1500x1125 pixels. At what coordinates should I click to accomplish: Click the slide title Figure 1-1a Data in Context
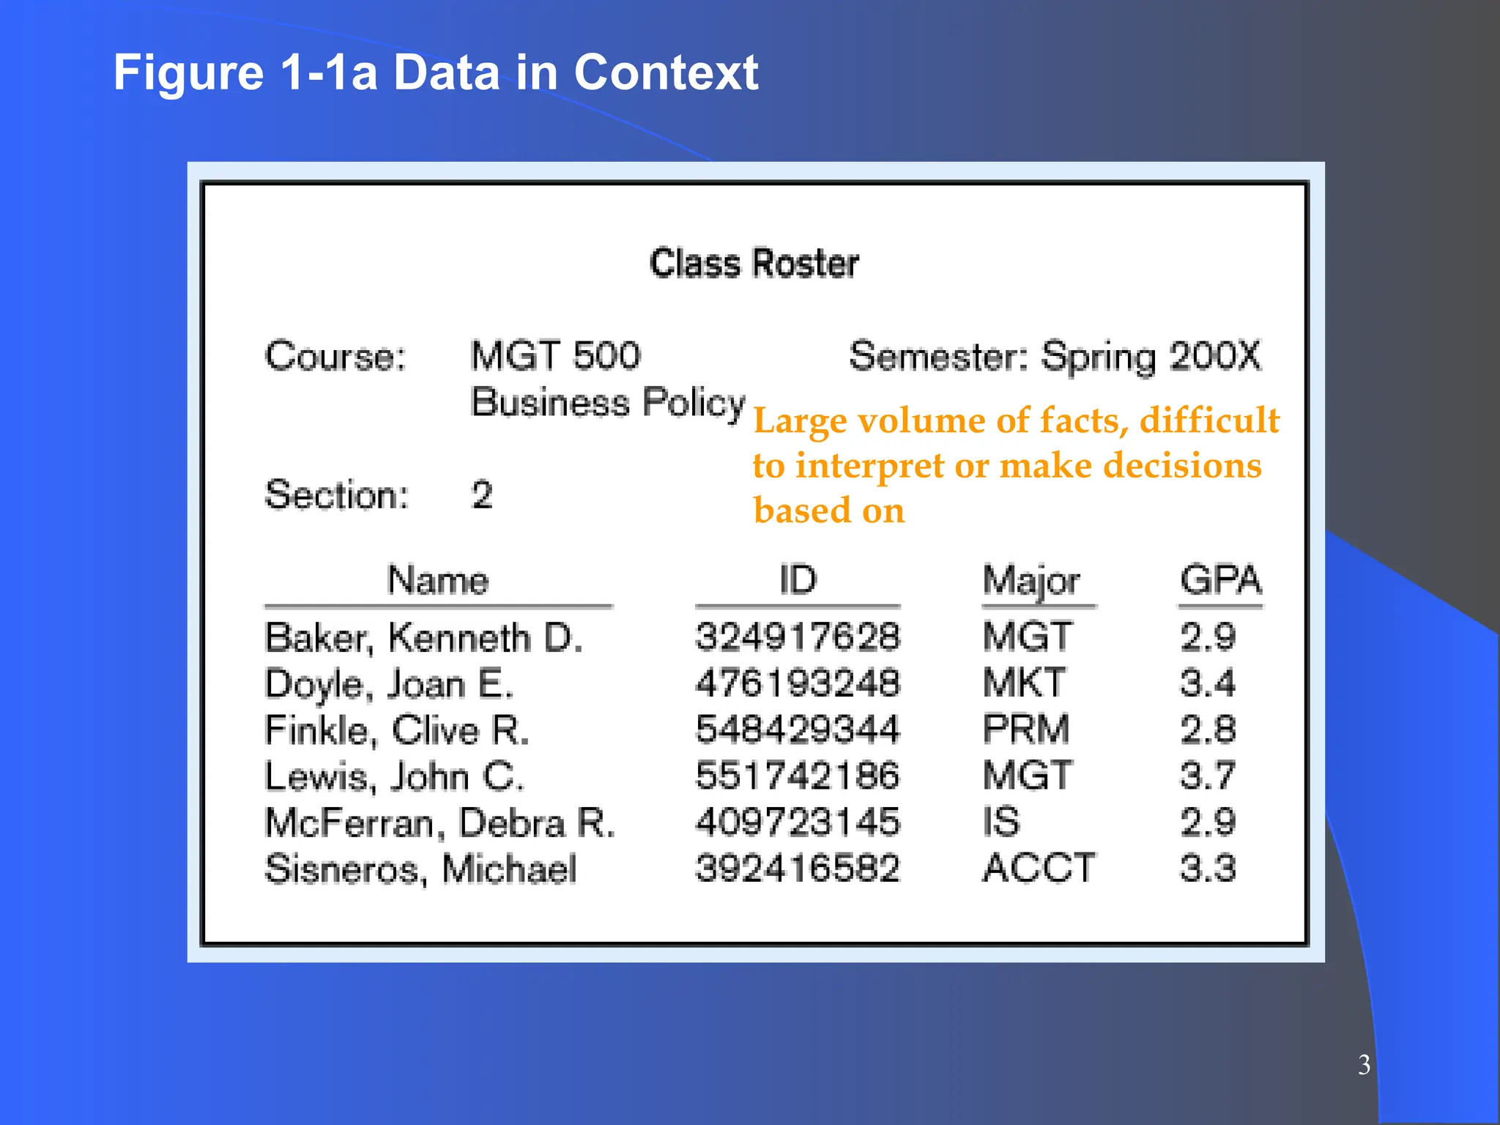(435, 73)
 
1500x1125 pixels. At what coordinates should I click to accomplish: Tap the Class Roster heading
(754, 264)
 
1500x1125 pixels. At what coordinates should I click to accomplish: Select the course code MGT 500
(555, 356)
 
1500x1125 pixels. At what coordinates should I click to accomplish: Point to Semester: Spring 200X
(1055, 357)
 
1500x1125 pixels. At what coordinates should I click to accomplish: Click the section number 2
(482, 495)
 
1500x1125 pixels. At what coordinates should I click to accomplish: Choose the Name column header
(438, 580)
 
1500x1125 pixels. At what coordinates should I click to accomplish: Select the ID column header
(797, 580)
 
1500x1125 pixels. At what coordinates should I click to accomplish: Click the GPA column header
(1220, 580)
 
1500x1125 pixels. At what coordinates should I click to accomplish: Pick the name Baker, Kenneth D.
(423, 637)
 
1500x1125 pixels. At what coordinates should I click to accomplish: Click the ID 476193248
(797, 683)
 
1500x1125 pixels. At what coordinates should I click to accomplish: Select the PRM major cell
(1025, 729)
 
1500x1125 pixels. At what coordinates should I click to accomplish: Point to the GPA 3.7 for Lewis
(1208, 776)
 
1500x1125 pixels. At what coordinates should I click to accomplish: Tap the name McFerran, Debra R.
(439, 823)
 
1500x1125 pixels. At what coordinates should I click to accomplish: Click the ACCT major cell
(1039, 869)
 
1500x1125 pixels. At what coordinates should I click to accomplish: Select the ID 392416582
(797, 869)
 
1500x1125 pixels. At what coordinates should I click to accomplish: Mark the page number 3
(1364, 1065)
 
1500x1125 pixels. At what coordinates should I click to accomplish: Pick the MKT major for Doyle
(1024, 683)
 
